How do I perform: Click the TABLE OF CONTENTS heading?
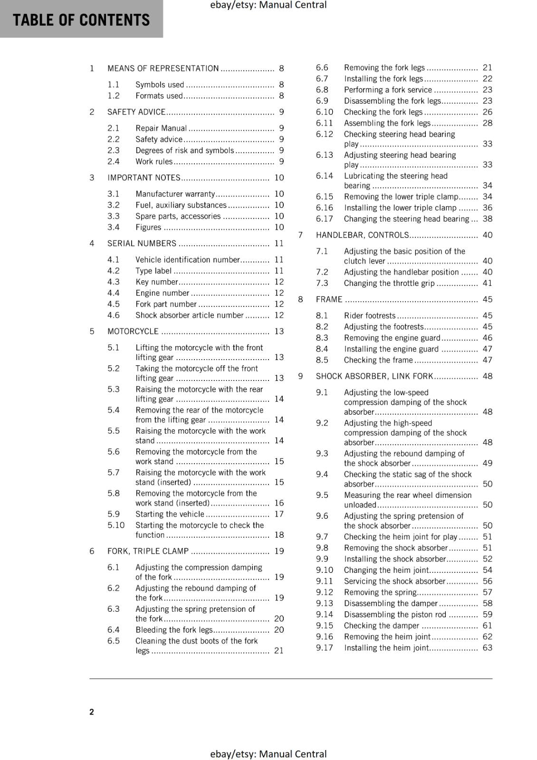coord(81,20)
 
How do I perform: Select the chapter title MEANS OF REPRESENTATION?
coord(163,68)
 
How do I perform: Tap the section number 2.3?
coord(113,150)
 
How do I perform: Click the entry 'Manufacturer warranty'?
coord(175,194)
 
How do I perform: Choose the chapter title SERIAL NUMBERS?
coord(142,243)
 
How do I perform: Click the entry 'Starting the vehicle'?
coord(170,514)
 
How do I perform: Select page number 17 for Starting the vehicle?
coord(279,514)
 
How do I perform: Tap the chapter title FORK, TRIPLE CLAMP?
coord(148,551)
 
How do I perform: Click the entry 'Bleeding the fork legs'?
coord(174,630)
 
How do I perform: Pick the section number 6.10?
coord(324,112)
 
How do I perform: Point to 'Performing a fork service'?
coord(388,90)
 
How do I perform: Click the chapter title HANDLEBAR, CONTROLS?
coord(362,235)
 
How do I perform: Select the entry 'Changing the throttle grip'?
coord(389,283)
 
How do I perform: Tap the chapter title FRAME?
coord(329,299)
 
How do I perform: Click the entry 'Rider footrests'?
coord(370,316)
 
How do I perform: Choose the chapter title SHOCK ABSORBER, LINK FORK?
coord(374,376)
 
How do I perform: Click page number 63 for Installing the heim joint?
coord(487,648)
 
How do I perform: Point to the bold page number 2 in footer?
coord(92,712)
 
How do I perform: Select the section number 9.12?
coord(324,592)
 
